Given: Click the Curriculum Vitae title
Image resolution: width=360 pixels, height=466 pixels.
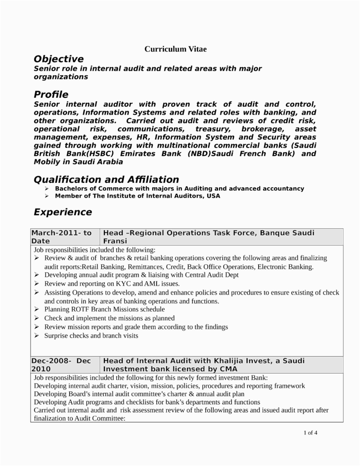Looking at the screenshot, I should pos(176,49).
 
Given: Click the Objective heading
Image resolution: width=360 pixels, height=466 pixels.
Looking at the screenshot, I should pos(58,59).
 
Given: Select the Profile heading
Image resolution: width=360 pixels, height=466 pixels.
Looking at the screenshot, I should pos(51,94).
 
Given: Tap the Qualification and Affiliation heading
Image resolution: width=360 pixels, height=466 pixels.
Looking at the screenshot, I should pos(106,179).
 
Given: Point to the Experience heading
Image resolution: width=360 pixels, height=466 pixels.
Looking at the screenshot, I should pos(62,212).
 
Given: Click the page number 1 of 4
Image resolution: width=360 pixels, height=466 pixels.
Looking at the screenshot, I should pos(310,433).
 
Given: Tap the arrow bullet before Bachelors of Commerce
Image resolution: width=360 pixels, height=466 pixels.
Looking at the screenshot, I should pos(46,189).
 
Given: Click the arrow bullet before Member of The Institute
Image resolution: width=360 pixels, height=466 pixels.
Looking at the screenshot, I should pos(46,196).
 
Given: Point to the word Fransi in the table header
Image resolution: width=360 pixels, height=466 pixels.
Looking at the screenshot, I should pos(115,241).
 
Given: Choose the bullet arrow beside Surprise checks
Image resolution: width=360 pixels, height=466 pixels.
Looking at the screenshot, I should pos(37,336).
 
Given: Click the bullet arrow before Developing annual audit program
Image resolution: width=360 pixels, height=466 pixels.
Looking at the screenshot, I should pos(37,275).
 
